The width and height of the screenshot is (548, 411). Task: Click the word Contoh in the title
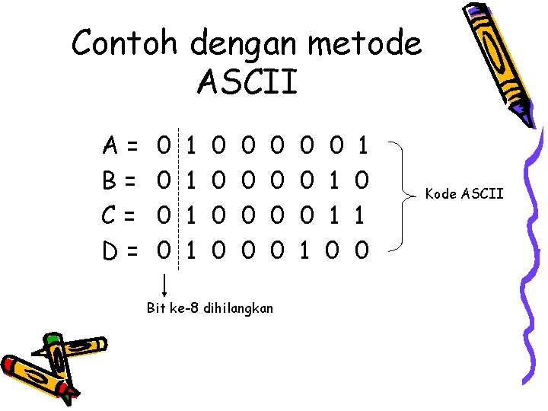pos(126,43)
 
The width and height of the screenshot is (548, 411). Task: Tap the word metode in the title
pos(364,43)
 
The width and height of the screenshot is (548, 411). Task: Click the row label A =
pos(122,142)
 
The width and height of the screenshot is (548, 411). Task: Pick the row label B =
pos(122,180)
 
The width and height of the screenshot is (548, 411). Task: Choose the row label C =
pos(122,216)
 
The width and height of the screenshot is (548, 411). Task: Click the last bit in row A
pos(363,142)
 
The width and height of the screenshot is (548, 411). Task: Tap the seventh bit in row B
pos(333,180)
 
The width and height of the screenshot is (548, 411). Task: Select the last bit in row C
pos(363,216)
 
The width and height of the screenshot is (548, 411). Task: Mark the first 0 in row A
pos(162,142)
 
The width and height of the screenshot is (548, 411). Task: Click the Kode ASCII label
pos(464,194)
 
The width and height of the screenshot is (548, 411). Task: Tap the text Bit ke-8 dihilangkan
pos(210,308)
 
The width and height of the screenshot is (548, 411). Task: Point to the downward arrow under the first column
pos(165,283)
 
